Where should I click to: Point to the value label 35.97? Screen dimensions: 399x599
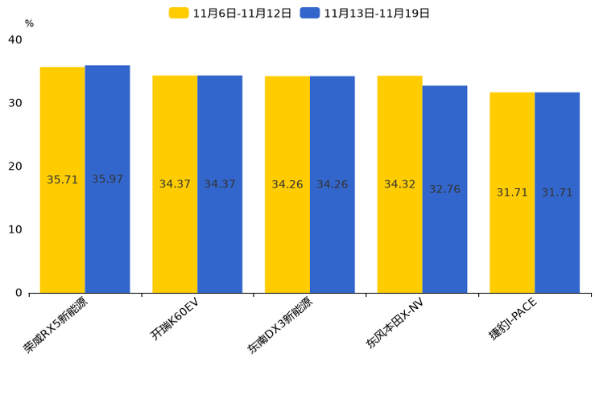coord(107,179)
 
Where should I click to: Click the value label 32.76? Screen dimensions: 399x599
coord(444,189)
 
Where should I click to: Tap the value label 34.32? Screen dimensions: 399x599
coord(399,184)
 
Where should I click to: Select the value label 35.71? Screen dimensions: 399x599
coord(63,180)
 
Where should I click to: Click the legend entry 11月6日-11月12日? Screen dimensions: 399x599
coord(230,13)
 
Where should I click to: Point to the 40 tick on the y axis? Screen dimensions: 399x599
coord(15,40)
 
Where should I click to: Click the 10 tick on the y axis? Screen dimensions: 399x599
coord(15,229)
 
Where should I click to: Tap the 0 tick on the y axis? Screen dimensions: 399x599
coord(19,293)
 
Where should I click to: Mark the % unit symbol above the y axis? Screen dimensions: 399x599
coord(29,23)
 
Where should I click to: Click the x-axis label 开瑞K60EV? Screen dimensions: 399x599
coord(174,319)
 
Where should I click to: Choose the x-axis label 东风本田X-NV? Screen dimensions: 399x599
coord(394,323)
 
